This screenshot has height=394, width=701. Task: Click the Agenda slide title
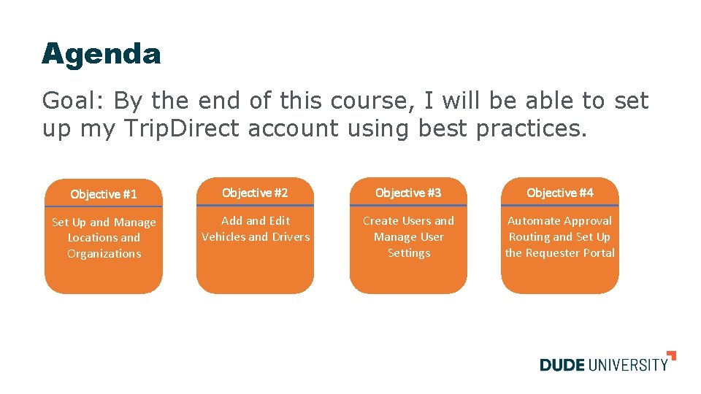point(101,54)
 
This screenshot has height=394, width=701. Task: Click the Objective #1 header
point(104,194)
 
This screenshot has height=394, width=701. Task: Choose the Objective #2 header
point(255,193)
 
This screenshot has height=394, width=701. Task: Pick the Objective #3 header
point(408,193)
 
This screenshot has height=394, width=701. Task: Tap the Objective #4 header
point(559,193)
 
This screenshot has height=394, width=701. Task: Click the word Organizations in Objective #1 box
point(104,254)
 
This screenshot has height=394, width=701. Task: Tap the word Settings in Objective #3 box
point(408,253)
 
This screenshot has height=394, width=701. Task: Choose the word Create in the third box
point(380,220)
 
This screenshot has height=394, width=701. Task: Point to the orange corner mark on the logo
point(672,355)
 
